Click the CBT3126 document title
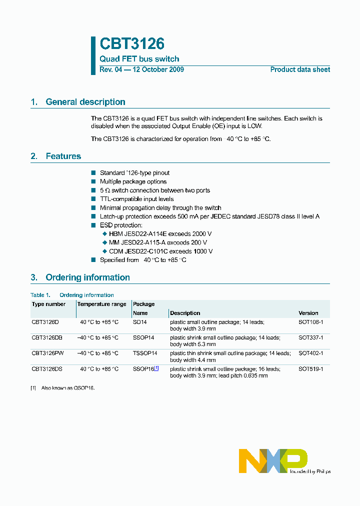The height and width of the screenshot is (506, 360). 132,44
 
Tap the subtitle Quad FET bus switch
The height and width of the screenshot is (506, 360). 139,59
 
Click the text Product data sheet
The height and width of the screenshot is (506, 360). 300,69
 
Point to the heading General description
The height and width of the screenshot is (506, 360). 85,102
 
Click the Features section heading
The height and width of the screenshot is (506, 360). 63,156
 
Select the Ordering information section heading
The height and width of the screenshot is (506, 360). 87,277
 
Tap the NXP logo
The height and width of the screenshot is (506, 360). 272,460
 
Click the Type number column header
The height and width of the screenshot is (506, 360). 48,304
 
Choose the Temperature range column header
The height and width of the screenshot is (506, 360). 101,304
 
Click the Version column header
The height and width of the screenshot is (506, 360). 308,313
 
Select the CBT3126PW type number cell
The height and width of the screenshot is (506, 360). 48,353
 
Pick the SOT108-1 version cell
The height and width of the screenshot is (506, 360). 310,322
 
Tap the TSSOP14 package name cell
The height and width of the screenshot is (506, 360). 145,353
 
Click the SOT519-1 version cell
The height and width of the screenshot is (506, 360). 310,369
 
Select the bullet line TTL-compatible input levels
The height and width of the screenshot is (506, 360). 136,199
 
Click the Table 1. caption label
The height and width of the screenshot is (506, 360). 40,295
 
